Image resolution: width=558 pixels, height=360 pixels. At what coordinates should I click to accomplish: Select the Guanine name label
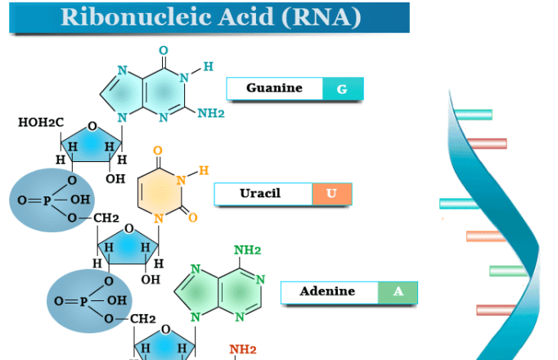click(x=274, y=88)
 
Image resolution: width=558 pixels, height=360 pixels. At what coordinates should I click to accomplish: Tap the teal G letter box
click(x=342, y=88)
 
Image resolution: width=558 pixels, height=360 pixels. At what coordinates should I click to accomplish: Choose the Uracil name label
click(x=262, y=194)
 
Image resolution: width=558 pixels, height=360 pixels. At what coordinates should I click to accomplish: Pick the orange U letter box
click(x=331, y=194)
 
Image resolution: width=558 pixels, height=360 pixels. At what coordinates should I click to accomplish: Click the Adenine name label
click(x=327, y=292)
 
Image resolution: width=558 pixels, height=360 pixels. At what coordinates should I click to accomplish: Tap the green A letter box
click(x=398, y=292)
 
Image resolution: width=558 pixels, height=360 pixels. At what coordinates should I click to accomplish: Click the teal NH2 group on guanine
click(x=210, y=114)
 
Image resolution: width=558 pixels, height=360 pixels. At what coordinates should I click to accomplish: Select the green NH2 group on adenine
click(x=248, y=250)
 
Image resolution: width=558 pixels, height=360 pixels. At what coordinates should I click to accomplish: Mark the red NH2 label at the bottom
click(x=242, y=349)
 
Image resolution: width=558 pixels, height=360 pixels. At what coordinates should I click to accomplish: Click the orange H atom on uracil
click(x=204, y=170)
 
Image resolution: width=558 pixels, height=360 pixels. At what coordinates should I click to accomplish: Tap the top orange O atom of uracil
click(x=157, y=151)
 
